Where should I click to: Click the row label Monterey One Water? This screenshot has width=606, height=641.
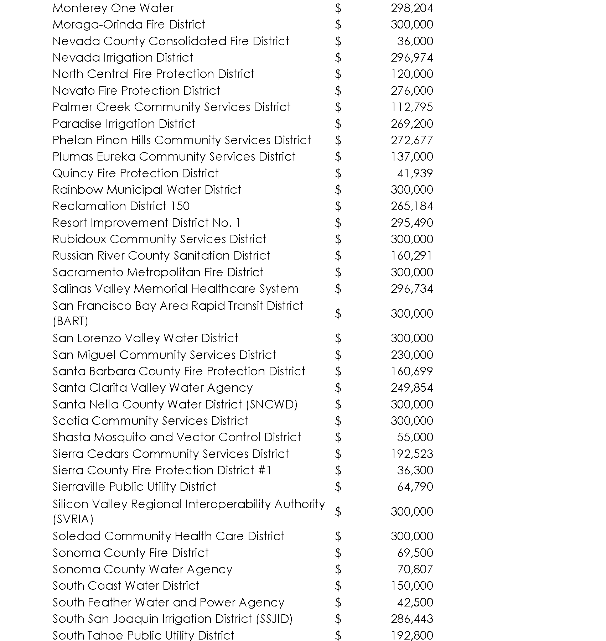click(x=113, y=8)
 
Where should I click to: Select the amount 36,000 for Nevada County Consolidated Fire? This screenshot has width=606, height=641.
click(x=415, y=41)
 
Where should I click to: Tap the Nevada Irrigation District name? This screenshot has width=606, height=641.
click(x=123, y=57)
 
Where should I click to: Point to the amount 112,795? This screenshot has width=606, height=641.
click(x=412, y=107)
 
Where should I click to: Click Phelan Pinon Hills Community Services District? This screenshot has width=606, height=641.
click(x=181, y=140)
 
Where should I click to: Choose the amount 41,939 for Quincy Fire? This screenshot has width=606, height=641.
click(x=415, y=173)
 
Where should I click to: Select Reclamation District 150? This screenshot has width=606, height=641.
click(x=121, y=206)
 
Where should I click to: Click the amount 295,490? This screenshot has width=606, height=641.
click(x=412, y=223)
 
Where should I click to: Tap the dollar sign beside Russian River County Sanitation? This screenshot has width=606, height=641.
click(x=338, y=256)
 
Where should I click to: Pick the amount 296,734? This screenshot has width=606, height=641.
click(x=412, y=288)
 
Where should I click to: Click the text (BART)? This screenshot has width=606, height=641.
click(x=70, y=321)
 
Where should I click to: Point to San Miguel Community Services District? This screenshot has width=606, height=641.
click(x=164, y=355)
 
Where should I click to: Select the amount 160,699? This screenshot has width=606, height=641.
click(x=412, y=371)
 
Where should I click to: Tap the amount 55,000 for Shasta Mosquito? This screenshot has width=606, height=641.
click(x=415, y=437)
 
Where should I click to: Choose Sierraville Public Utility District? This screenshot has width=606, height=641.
click(x=134, y=486)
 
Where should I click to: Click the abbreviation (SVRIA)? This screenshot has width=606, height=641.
click(x=73, y=519)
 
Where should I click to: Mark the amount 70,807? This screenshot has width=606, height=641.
click(x=415, y=569)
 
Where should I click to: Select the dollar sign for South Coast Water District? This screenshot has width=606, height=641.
click(x=338, y=586)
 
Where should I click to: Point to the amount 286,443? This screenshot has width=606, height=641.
click(x=412, y=619)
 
